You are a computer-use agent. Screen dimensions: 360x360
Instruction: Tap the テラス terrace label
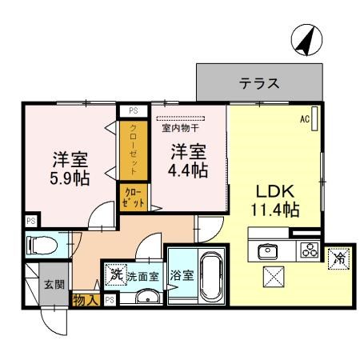(259, 83)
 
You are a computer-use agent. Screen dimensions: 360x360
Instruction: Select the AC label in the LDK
(305, 119)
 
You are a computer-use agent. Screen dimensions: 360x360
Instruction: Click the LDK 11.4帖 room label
(277, 201)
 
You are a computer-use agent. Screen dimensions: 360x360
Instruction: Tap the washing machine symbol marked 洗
(117, 273)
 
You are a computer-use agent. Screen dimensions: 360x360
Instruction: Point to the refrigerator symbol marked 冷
(339, 258)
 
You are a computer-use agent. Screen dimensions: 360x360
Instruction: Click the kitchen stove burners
(309, 249)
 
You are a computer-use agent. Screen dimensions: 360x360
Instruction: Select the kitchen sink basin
(266, 250)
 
